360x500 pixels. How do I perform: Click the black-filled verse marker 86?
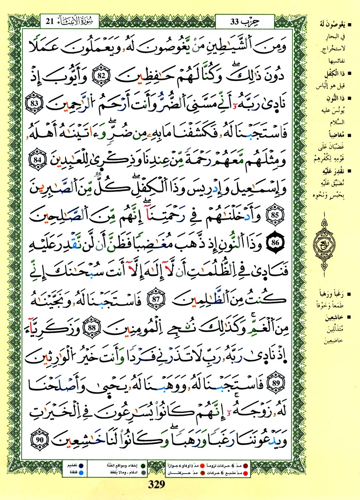click(x=276, y=243)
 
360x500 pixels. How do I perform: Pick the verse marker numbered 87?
click(x=156, y=300)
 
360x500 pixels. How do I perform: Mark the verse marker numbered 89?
click(x=277, y=384)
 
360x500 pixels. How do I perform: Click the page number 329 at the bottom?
click(x=157, y=485)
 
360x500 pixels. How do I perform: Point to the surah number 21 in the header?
click(x=50, y=21)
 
